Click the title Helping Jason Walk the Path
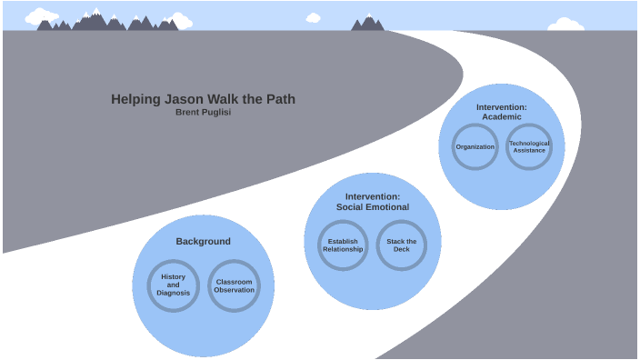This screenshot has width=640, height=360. point(203,99)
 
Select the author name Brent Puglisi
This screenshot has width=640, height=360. point(204,113)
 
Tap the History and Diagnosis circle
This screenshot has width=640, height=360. point(173,285)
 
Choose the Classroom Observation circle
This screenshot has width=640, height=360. point(234,285)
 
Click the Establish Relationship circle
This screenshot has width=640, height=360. point(343,245)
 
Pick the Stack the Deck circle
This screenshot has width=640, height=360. point(401,245)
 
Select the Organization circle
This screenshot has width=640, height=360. point(475,146)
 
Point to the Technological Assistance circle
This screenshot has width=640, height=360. point(529,146)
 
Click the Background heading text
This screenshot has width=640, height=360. point(203,242)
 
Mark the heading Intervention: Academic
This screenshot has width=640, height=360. point(501,112)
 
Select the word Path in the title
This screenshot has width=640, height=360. point(280,99)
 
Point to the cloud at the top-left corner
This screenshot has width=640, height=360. point(42,15)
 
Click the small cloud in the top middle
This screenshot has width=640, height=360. point(314,17)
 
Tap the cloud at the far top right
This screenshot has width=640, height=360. point(566,24)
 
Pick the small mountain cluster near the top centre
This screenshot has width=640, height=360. point(368,24)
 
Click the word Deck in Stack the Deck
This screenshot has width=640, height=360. point(401,249)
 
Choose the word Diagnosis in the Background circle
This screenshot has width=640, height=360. point(173,293)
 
